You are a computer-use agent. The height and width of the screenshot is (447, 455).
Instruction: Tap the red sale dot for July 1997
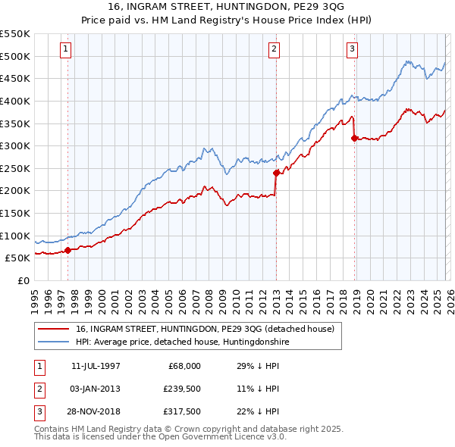click(x=68, y=249)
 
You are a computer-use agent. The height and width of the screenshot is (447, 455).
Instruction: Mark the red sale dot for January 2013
click(x=276, y=173)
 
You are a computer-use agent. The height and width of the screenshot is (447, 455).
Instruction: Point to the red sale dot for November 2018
click(x=355, y=138)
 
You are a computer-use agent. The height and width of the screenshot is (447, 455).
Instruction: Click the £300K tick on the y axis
click(x=16, y=145)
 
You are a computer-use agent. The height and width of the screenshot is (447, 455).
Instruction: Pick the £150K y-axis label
click(x=16, y=213)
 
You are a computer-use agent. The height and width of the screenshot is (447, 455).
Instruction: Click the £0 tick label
click(x=23, y=280)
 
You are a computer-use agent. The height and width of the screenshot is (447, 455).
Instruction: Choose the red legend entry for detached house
click(x=209, y=329)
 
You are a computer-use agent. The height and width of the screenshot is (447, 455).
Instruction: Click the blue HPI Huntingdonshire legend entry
click(x=182, y=342)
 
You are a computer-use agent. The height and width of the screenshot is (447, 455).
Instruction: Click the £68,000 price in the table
click(x=184, y=366)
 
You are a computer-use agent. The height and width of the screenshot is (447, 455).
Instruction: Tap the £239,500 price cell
click(x=181, y=389)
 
